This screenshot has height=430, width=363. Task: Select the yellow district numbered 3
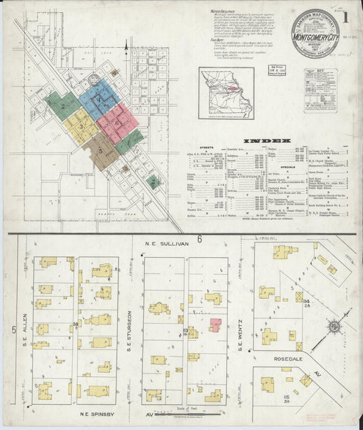point(81,127)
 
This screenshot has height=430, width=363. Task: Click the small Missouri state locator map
point(226,93)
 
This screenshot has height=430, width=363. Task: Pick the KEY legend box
point(321,90)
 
